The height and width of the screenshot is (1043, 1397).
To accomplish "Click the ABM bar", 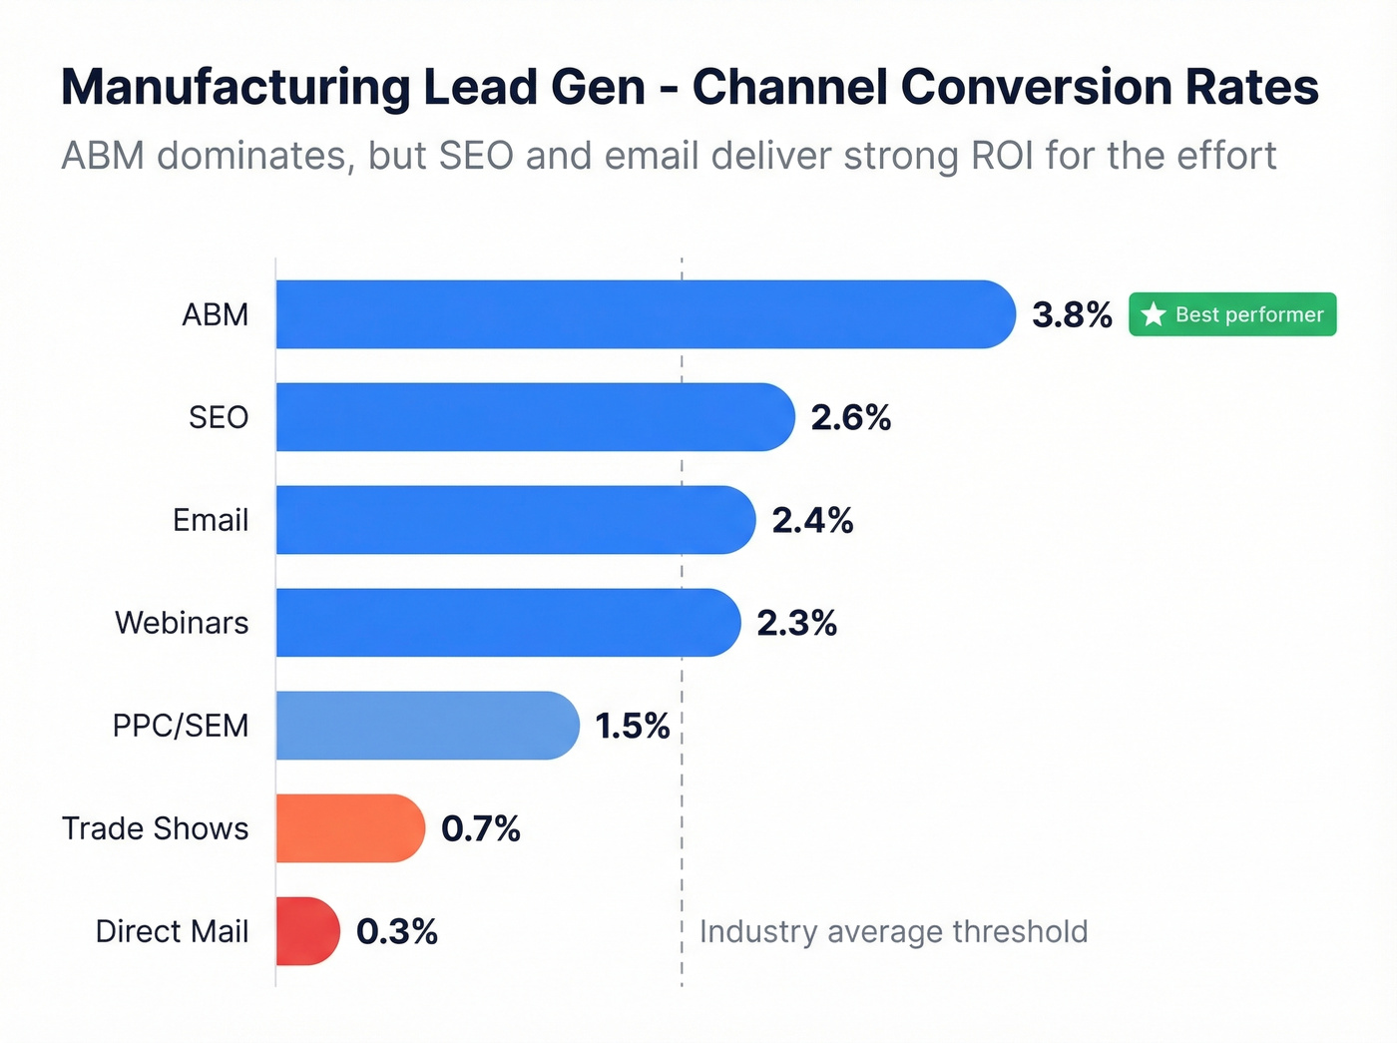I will (645, 314).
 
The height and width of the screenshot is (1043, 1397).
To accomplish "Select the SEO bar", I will (535, 417).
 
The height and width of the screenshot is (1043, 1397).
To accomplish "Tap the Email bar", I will (515, 520).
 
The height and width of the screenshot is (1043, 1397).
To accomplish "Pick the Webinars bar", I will (508, 623).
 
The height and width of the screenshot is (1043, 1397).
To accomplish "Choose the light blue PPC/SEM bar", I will (427, 726).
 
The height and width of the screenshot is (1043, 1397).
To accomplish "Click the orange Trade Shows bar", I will (350, 828).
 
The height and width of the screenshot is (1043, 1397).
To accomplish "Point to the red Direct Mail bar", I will (307, 931).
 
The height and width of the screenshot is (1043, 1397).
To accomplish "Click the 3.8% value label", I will (1072, 315).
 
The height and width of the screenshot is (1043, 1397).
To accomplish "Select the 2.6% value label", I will (850, 418).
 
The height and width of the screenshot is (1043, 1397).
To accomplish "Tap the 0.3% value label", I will (396, 932).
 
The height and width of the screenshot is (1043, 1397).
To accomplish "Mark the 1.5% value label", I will (632, 727).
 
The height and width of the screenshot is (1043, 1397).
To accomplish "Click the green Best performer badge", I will (1232, 314).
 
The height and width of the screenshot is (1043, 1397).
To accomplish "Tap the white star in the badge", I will (1154, 314).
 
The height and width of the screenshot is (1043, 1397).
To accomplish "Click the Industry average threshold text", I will (893, 931).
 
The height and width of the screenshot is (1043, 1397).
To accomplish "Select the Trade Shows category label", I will (155, 828).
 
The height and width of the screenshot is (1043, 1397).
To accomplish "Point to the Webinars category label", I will (182, 623).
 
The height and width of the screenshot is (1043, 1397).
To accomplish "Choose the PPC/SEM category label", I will (181, 726).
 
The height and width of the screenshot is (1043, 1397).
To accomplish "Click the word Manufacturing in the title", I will (234, 88).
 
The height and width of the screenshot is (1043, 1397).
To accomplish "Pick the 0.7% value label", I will (480, 829).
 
